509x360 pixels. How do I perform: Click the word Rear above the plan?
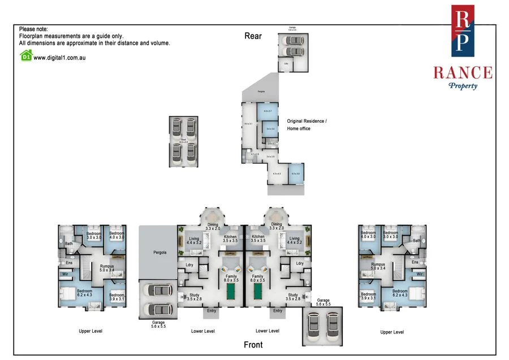[x=253, y=36]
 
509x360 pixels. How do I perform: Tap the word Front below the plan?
[x=253, y=344]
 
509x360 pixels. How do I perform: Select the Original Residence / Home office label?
[x=307, y=125]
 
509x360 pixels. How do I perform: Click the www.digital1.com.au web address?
[x=59, y=57]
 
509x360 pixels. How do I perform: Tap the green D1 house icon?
[x=25, y=56]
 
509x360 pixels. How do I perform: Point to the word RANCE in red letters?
[x=463, y=72]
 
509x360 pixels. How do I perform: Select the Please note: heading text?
[x=33, y=29]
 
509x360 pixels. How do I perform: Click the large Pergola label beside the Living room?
[x=158, y=252]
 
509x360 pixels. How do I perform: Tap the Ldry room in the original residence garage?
[x=287, y=65]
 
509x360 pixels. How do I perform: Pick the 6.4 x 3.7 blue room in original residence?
[x=268, y=112]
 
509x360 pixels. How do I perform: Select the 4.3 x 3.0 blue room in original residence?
[x=296, y=173]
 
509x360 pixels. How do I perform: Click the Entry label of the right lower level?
[x=278, y=310]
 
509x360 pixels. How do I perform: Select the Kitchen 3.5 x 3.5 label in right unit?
[x=258, y=239]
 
